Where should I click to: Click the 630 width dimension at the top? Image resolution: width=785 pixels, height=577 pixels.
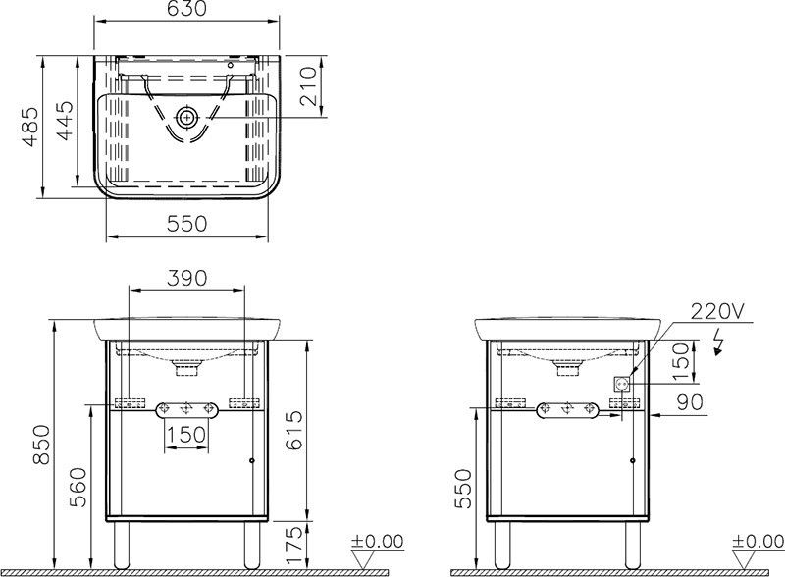coord(186,9)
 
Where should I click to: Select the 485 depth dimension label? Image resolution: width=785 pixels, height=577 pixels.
coord(31,127)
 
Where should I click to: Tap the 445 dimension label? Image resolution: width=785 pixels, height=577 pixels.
coord(65,121)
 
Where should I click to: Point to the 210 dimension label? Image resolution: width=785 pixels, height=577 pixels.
coord(309,86)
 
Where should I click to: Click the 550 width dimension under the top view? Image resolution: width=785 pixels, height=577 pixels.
coord(186,224)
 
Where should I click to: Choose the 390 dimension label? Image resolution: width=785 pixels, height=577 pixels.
coord(186,278)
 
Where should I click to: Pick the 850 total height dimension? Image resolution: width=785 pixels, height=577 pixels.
coord(41,445)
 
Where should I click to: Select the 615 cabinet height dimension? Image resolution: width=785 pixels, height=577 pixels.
coord(293,430)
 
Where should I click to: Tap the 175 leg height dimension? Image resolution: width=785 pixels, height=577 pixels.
coord(293,545)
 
